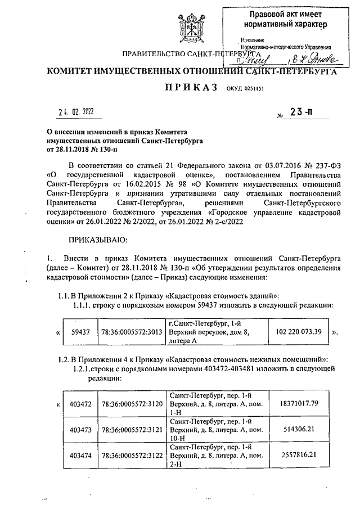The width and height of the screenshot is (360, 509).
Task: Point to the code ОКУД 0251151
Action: (245, 89)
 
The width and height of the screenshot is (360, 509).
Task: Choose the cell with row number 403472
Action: (80, 404)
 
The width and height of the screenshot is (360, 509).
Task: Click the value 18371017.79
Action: (299, 403)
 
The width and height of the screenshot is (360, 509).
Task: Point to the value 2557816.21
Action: (299, 453)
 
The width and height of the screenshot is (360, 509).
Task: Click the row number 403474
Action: (80, 454)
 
